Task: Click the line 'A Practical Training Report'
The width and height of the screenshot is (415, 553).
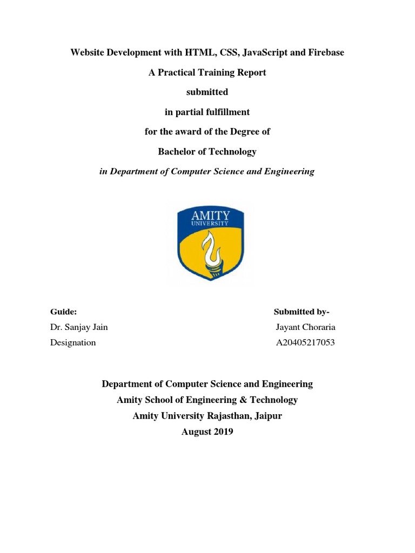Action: pos(207,72)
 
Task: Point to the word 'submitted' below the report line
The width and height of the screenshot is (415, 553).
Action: pos(207,92)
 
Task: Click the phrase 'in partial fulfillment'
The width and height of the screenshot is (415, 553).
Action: pos(207,112)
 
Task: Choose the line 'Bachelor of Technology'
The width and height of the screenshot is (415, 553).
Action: pos(207,152)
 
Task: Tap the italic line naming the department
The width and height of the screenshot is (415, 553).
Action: pos(207,171)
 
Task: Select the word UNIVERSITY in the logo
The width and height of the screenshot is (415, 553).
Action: pos(210,224)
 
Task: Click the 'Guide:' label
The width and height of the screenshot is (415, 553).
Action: pos(63,312)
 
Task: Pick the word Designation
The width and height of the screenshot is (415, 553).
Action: pos(73,342)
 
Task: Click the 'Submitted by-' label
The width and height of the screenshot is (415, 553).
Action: pos(302,312)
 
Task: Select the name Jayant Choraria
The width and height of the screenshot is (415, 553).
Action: pos(305,327)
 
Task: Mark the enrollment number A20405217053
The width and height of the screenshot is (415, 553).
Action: pos(305,342)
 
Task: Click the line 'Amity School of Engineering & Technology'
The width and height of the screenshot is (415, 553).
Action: pos(207,400)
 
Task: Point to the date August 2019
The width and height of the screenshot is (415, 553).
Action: pos(207,432)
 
